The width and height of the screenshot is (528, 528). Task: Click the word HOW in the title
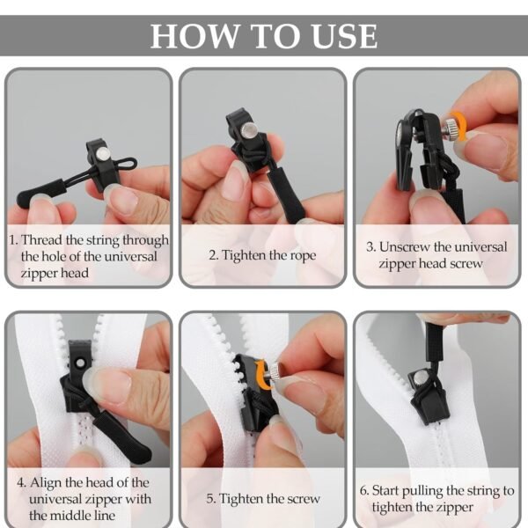(192, 36)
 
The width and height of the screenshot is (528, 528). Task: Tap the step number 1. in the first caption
(13, 239)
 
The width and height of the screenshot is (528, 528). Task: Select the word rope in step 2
(297, 255)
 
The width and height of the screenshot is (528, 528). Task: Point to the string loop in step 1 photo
(125, 164)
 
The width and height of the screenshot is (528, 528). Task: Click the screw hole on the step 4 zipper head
(77, 363)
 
